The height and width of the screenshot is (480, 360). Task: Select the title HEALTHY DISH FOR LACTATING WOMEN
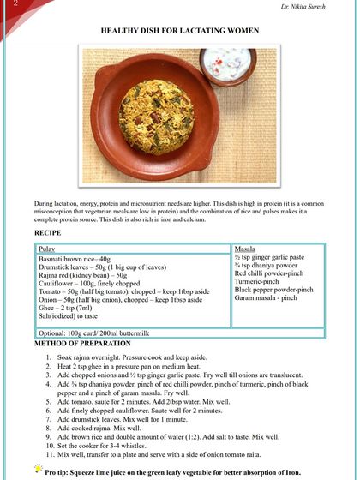pyautogui.click(x=180, y=29)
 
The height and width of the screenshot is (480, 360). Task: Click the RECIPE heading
pyautogui.click(x=48, y=232)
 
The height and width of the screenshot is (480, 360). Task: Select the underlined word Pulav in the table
pyautogui.click(x=48, y=248)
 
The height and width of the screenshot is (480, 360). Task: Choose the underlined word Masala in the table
pyautogui.click(x=245, y=248)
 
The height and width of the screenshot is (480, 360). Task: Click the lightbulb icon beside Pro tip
pyautogui.click(x=38, y=468)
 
